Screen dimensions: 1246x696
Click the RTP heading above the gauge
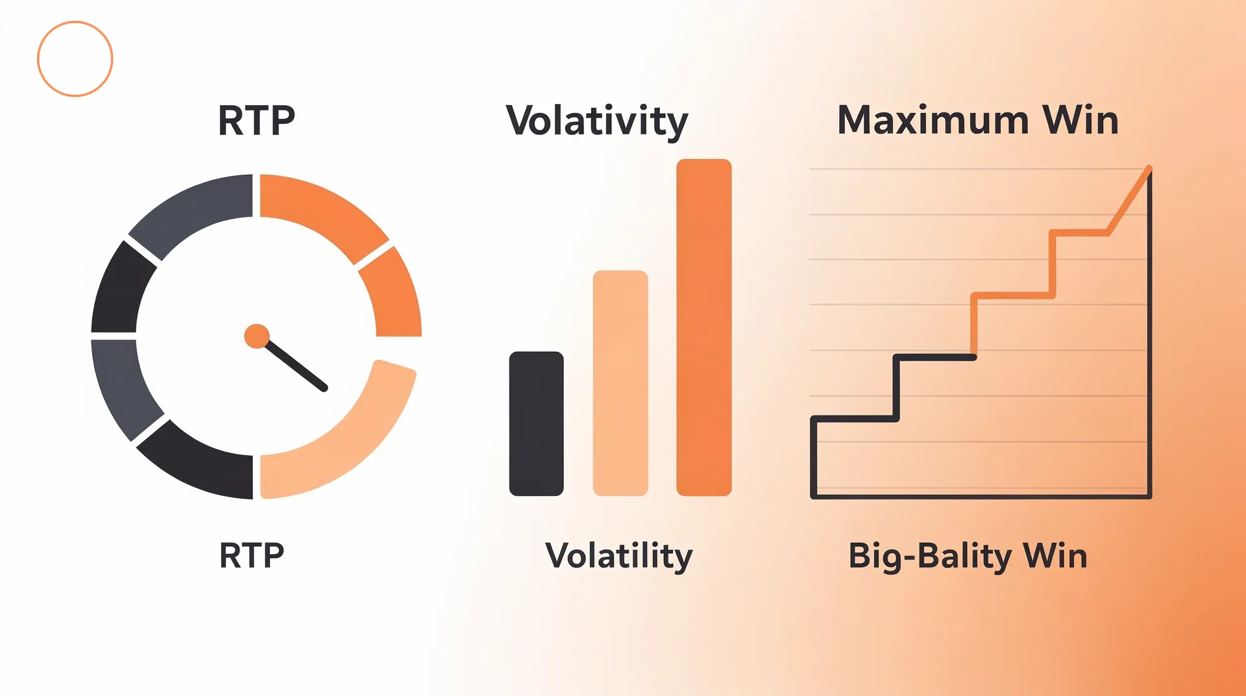[256, 121]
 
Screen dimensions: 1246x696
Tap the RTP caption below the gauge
[252, 556]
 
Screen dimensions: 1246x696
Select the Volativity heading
[596, 121]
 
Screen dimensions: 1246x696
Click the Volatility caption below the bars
[619, 556]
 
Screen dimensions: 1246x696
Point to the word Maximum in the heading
[933, 120]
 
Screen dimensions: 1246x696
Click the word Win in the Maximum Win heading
[1081, 120]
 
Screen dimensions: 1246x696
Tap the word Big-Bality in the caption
[930, 557]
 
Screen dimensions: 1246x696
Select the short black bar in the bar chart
[536, 423]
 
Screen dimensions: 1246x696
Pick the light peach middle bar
[620, 383]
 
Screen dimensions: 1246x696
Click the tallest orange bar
[703, 327]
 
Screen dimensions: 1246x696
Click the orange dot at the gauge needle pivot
[257, 336]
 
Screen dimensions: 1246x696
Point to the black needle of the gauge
[296, 366]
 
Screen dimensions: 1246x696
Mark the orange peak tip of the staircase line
[1149, 168]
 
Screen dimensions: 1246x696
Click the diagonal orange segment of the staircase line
[1129, 200]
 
